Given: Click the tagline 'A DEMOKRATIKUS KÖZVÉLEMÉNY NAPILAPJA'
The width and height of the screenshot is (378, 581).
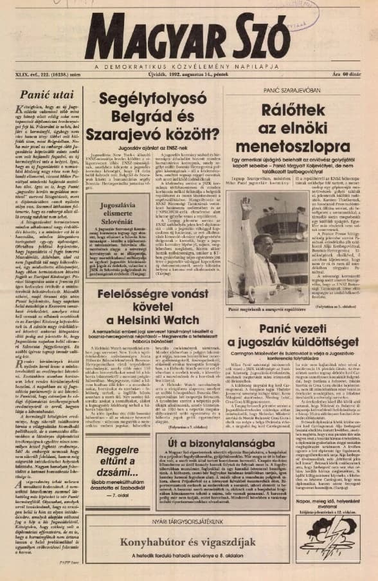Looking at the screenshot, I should [186, 66].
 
